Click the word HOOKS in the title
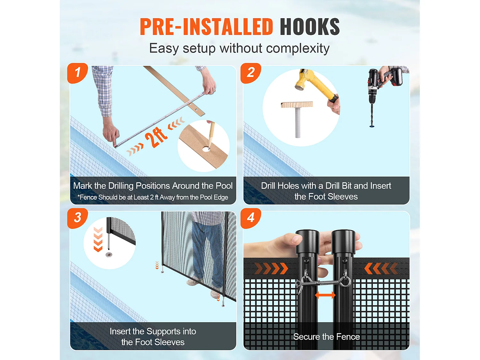point(310,27)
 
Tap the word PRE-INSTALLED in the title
point(206,27)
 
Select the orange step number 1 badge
point(77,73)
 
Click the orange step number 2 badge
point(251,73)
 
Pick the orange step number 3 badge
point(77,218)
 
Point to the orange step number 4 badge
point(251,218)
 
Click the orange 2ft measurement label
point(156,138)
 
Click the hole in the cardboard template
point(205,149)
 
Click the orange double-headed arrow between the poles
point(325,295)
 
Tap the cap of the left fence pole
point(307,241)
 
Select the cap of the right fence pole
point(343,241)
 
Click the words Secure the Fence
point(326,337)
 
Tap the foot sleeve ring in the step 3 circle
point(109,254)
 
